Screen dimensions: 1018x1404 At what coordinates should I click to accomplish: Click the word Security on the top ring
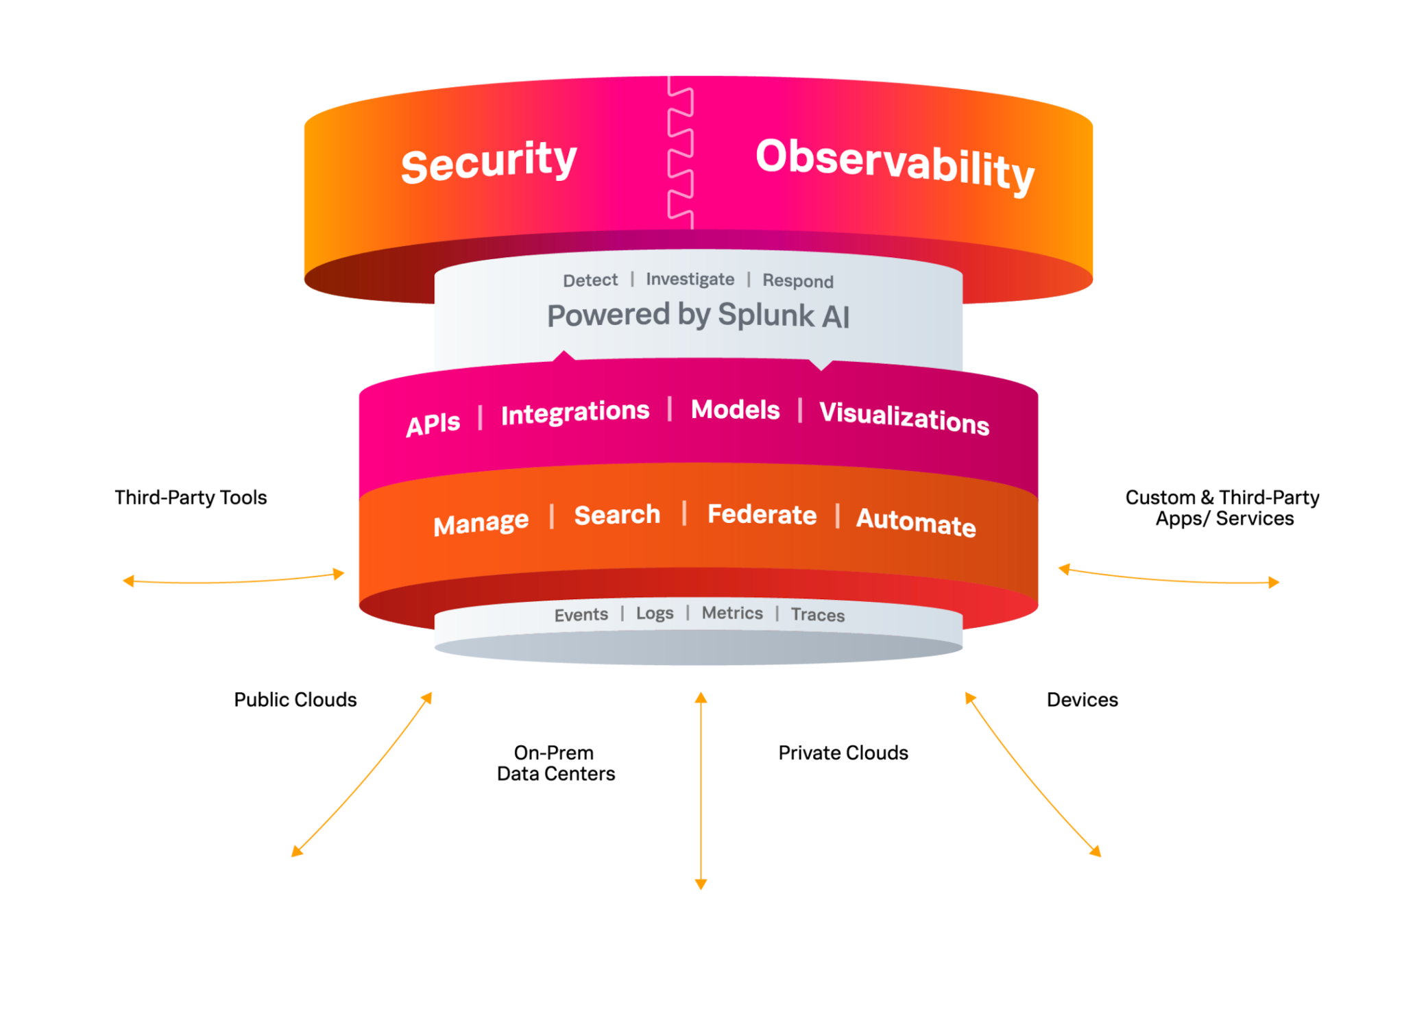tap(489, 162)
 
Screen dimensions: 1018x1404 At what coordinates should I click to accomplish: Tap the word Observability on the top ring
tap(895, 164)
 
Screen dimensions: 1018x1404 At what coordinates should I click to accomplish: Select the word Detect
tap(590, 280)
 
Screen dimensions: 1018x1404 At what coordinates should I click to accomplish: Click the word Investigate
tap(690, 280)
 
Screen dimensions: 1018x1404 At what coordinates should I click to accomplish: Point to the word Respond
tap(798, 281)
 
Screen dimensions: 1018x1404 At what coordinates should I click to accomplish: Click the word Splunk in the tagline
tap(766, 315)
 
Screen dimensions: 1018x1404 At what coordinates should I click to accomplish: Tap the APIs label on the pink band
tap(433, 424)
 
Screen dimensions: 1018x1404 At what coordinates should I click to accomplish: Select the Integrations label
tap(575, 413)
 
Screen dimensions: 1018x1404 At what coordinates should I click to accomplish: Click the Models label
tap(735, 410)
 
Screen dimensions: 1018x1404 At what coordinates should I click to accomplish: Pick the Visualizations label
tap(904, 417)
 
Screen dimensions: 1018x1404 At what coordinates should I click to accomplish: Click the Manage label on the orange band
tap(481, 524)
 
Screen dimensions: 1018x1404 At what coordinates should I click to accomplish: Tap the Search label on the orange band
tap(617, 515)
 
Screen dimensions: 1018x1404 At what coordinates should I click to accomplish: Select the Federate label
tap(762, 515)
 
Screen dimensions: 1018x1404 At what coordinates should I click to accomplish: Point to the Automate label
tap(916, 522)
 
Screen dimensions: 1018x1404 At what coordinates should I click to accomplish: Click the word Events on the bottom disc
tap(581, 615)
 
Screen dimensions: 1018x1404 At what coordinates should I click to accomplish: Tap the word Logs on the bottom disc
tap(655, 614)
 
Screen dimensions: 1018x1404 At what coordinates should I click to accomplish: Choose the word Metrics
tap(732, 613)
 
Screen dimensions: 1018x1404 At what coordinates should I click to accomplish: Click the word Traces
tap(817, 615)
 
